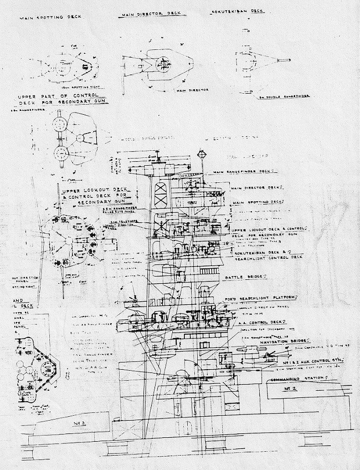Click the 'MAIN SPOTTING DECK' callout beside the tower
(258, 202)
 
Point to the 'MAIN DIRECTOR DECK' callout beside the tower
(258, 188)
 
